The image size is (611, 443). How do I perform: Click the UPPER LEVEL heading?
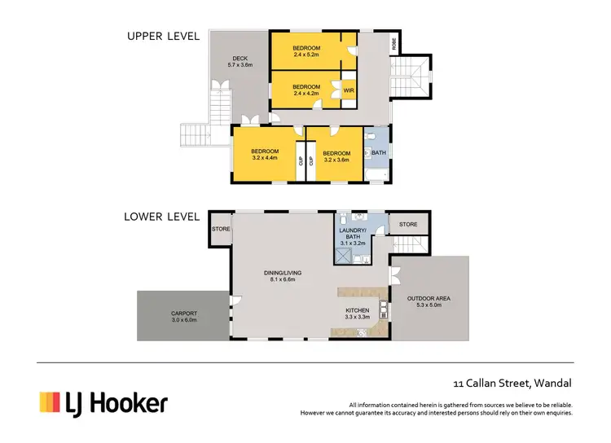[x=162, y=36]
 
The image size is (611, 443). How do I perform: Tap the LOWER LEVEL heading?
[x=162, y=217]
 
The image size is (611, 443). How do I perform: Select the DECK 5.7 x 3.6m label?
[x=240, y=62]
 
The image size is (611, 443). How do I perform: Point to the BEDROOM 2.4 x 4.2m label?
[x=306, y=90]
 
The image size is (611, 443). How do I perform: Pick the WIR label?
[x=348, y=90]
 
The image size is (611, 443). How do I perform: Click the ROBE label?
[x=395, y=46]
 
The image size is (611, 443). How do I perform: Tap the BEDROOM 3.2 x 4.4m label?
[x=265, y=155]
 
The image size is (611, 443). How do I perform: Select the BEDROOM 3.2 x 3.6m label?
[x=336, y=156]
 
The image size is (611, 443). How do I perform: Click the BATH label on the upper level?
[x=379, y=153]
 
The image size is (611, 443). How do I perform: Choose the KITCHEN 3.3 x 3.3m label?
[x=357, y=314]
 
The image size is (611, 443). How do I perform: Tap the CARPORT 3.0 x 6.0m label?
[x=184, y=317]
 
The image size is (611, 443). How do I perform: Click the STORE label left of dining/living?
[x=221, y=229]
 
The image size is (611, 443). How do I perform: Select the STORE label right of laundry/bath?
[x=408, y=224]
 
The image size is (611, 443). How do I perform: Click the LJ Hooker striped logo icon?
[x=51, y=402]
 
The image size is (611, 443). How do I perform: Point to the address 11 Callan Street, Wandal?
[x=512, y=383]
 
